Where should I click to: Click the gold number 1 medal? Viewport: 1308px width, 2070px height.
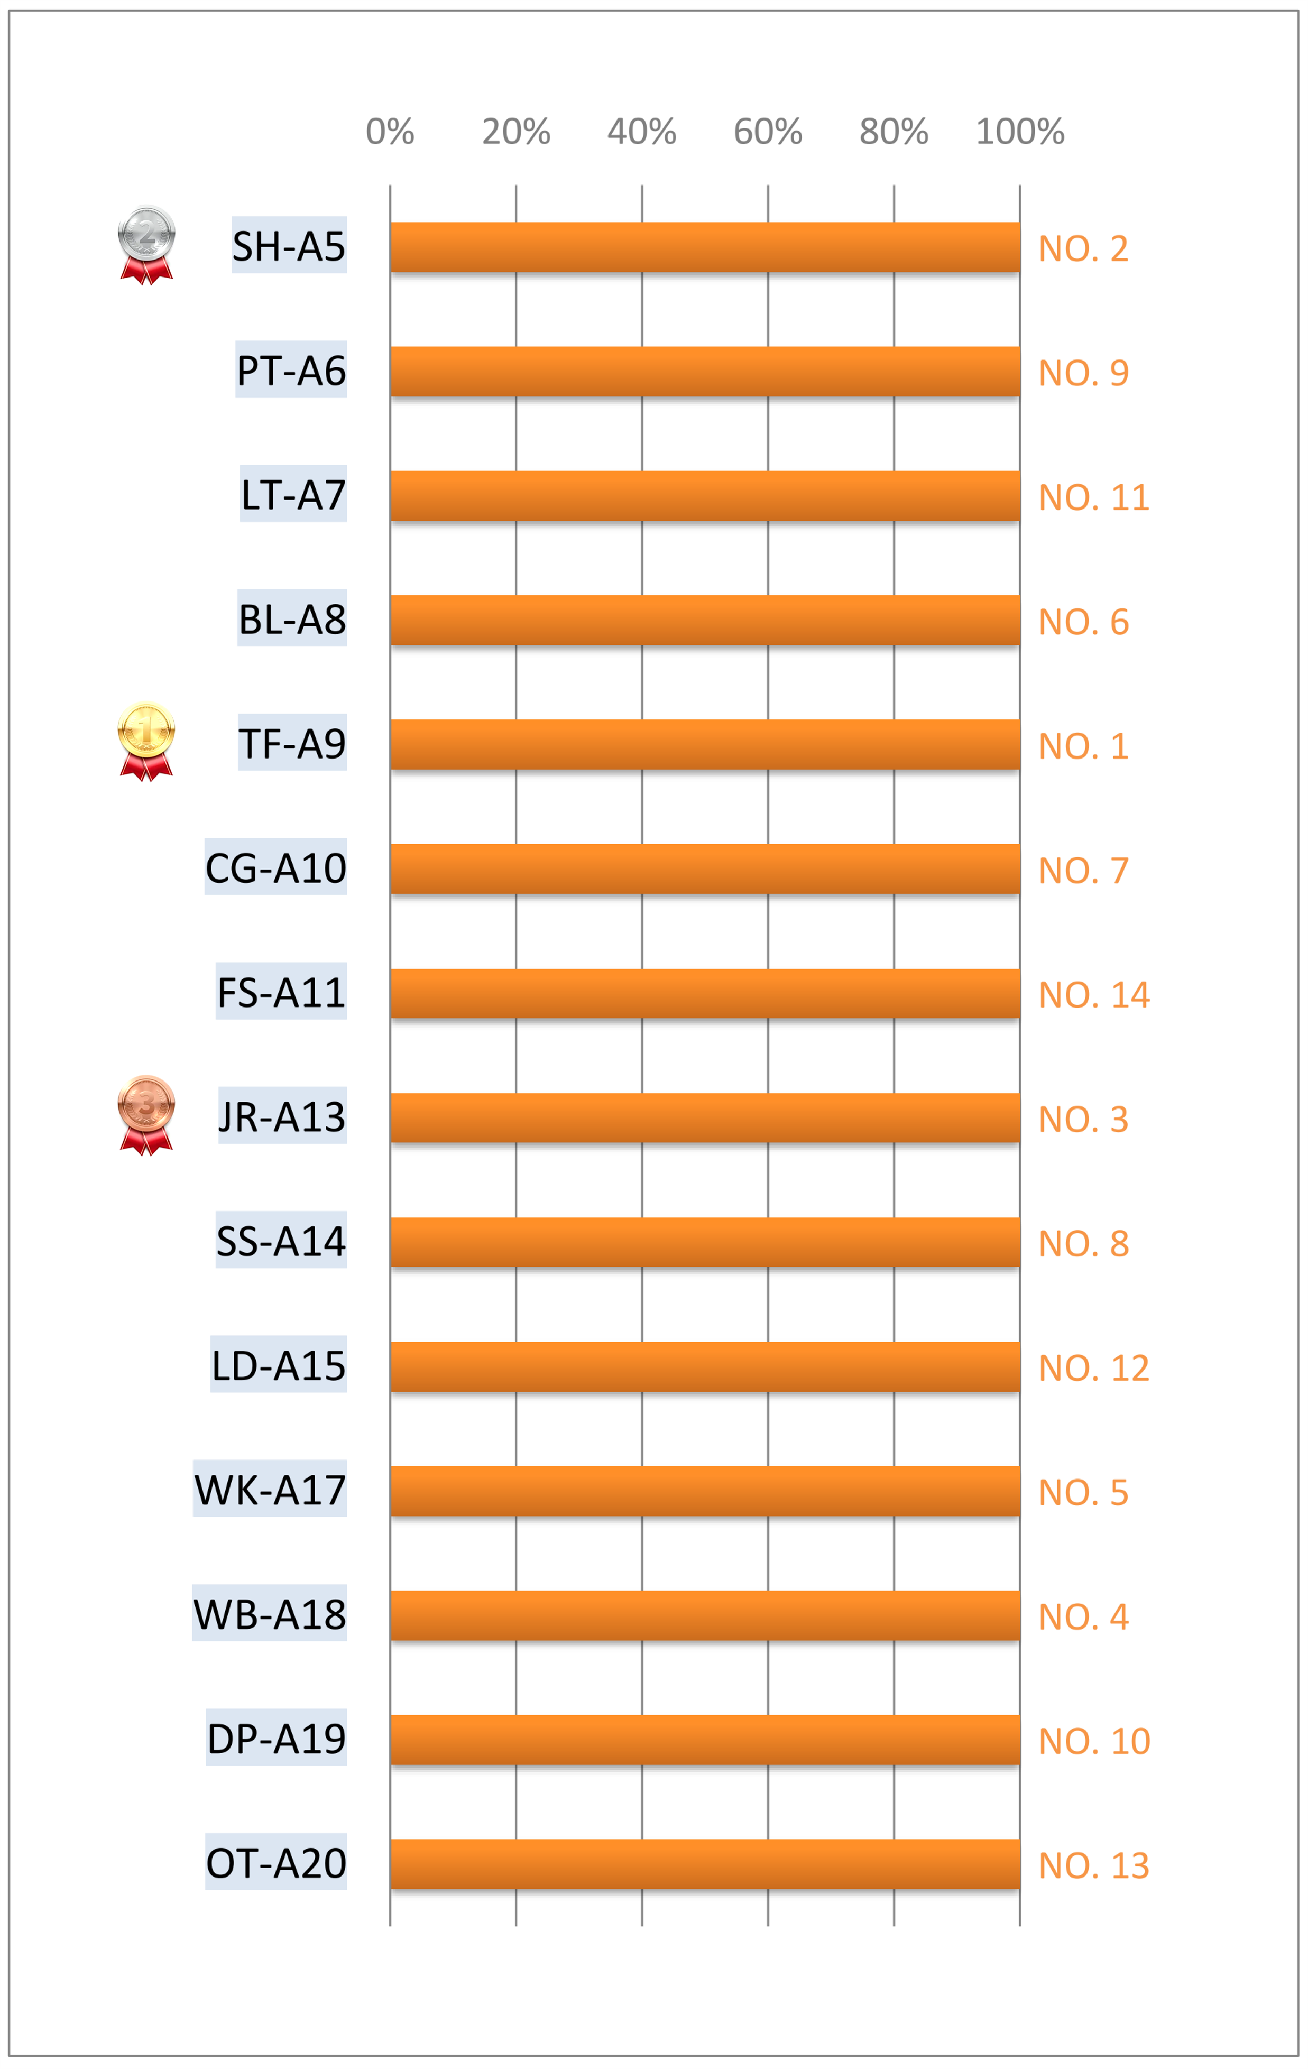tap(146, 741)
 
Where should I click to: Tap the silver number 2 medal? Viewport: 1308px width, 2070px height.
tap(146, 245)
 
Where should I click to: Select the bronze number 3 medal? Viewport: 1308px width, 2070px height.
tap(146, 1115)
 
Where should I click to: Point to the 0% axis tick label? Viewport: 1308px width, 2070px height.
tap(390, 132)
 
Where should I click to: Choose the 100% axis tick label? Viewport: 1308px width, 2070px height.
tap(1020, 132)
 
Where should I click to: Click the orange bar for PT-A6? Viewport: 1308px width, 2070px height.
tap(705, 372)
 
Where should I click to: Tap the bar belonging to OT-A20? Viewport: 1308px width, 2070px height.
tap(705, 1864)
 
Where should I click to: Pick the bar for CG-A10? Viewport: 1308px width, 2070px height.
tap(705, 869)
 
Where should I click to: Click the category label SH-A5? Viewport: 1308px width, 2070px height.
tap(289, 246)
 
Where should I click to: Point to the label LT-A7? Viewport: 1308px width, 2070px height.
tap(293, 494)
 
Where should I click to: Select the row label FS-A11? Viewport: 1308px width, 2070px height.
tap(281, 992)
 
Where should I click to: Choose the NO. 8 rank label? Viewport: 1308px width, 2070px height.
tap(1083, 1244)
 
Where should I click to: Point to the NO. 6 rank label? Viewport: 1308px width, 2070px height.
tap(1083, 622)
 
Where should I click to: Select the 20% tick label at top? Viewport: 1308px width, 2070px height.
tap(516, 132)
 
